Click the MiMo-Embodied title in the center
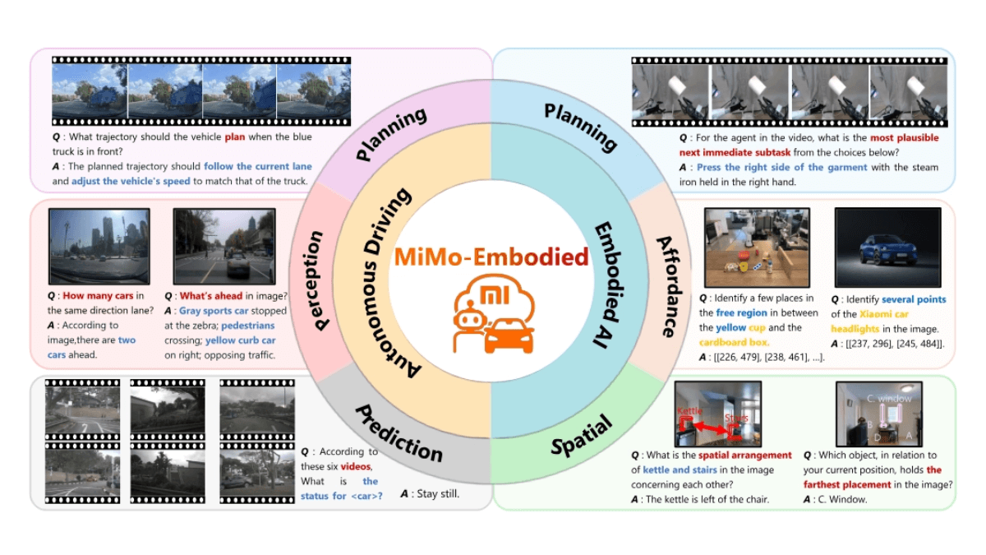(492, 257)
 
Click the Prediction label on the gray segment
(400, 433)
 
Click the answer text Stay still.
(431, 494)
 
